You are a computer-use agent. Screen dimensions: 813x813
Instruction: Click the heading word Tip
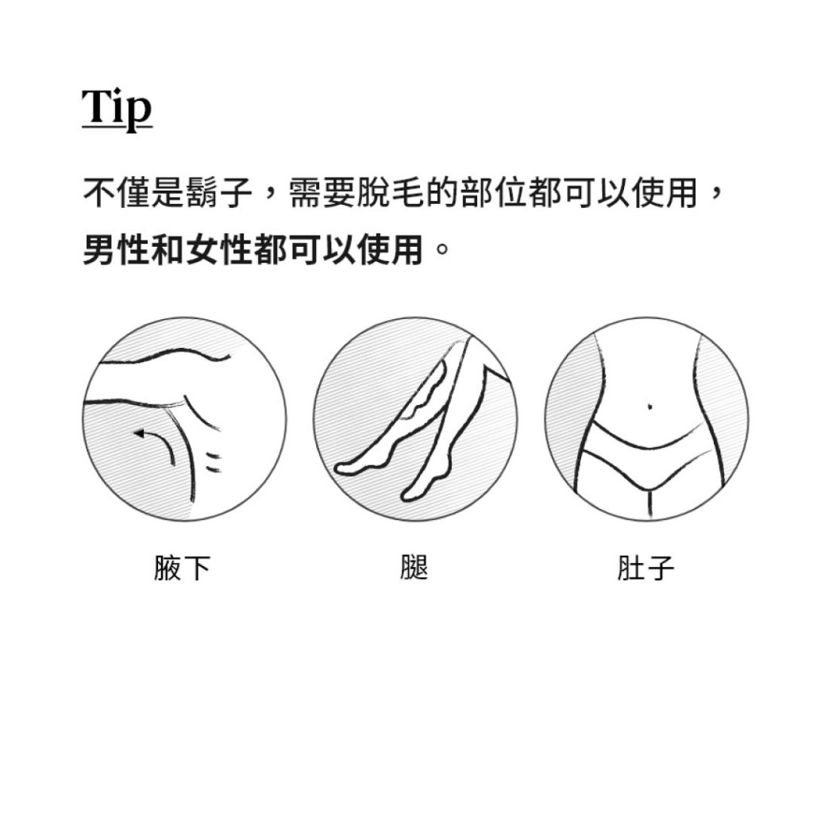point(118,108)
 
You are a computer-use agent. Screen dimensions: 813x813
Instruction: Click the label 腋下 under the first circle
point(182,568)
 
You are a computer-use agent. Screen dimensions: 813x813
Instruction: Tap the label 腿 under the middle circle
point(414,567)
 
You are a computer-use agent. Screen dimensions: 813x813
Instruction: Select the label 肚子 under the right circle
point(645,568)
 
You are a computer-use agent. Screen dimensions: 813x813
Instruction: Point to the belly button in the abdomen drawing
point(650,406)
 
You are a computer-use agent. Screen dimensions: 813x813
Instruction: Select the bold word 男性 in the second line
point(116,249)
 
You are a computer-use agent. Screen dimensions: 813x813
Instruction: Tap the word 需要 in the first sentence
point(322,193)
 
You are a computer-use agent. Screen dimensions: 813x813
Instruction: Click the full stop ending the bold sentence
point(442,249)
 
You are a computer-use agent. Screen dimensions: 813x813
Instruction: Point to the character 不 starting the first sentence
point(99,193)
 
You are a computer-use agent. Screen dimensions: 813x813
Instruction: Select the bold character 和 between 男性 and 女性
point(168,249)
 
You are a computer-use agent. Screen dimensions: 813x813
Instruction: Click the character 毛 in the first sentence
point(407,193)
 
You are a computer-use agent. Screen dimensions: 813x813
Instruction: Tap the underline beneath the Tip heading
point(118,125)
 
